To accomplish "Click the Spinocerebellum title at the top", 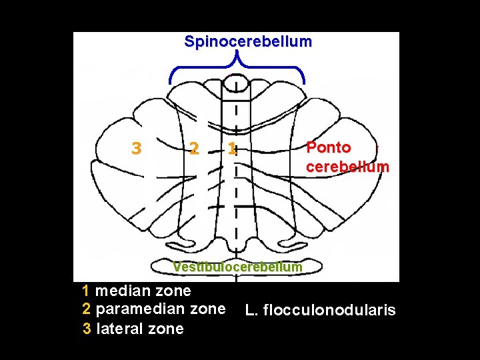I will (x=248, y=41).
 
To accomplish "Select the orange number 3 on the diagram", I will (x=136, y=149).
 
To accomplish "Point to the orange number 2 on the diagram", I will (x=193, y=149).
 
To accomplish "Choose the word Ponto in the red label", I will (x=329, y=147).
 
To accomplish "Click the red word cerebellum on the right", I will (x=347, y=167).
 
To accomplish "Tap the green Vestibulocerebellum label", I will (x=237, y=267).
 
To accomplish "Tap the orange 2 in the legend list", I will (x=86, y=309).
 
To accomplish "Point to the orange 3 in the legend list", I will (x=87, y=329).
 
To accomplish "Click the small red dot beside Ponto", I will (x=377, y=144).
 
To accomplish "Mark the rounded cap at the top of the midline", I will (x=237, y=87).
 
